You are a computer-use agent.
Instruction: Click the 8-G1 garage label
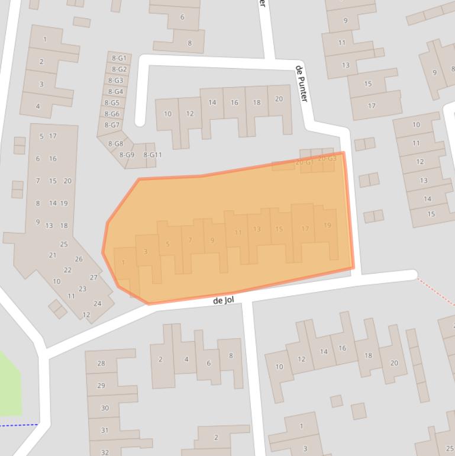point(118,58)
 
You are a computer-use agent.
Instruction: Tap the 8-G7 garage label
point(112,125)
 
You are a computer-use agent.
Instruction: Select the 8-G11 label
point(152,155)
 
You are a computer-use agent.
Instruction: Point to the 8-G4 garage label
point(115,91)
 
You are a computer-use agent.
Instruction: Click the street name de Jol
point(224,301)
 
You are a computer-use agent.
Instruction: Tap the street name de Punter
point(301,84)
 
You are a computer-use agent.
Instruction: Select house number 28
point(101,363)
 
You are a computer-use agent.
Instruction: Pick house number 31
point(105,430)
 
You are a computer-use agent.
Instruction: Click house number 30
point(105,407)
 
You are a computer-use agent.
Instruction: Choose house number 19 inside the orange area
point(327,226)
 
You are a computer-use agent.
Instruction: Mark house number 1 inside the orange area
point(123,262)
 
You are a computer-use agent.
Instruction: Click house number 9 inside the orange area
point(212,240)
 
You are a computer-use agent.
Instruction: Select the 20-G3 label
point(327,159)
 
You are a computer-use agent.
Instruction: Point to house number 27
point(93,277)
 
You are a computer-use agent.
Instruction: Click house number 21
point(53,255)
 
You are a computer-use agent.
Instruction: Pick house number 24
point(97,303)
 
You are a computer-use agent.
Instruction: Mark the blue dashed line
point(18,425)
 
